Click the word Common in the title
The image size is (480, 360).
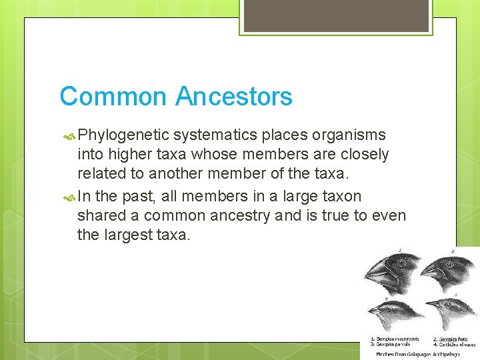pyautogui.click(x=113, y=97)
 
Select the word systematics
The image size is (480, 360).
pyautogui.click(x=215, y=135)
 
